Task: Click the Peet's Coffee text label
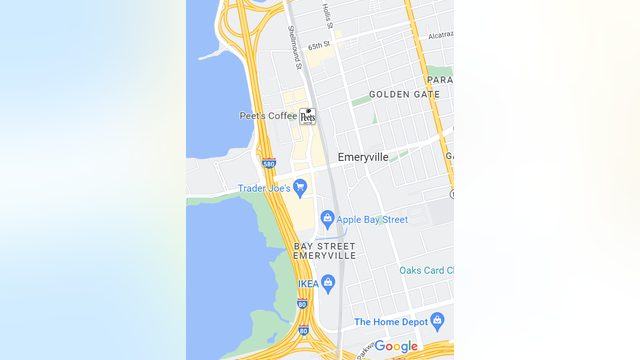coord(268,116)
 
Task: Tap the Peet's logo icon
coord(307,116)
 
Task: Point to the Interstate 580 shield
coord(268,163)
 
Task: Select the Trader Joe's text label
coord(264,188)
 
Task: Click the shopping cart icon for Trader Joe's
coord(300,187)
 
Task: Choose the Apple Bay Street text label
coord(372,219)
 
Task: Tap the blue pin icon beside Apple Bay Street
coord(326,218)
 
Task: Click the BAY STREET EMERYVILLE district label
coord(324,250)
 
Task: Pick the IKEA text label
coord(308,283)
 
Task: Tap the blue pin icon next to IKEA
coord(328,283)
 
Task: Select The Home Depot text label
coord(390,322)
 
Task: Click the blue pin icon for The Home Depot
coord(436,321)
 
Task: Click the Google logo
coord(396,346)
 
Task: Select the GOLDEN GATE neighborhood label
coord(404,94)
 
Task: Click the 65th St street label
coord(319,46)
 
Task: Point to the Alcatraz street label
coord(440,34)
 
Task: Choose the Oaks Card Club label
coord(427,270)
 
